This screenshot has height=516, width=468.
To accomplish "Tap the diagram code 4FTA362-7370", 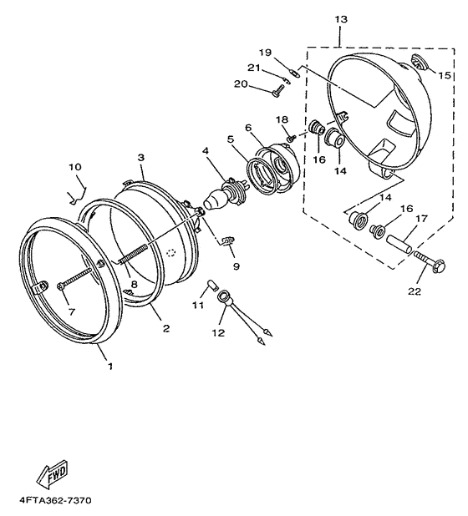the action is click(x=55, y=501).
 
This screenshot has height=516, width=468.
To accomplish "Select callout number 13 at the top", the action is click(x=341, y=20).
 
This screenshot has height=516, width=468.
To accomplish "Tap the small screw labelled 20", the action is click(x=277, y=90).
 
